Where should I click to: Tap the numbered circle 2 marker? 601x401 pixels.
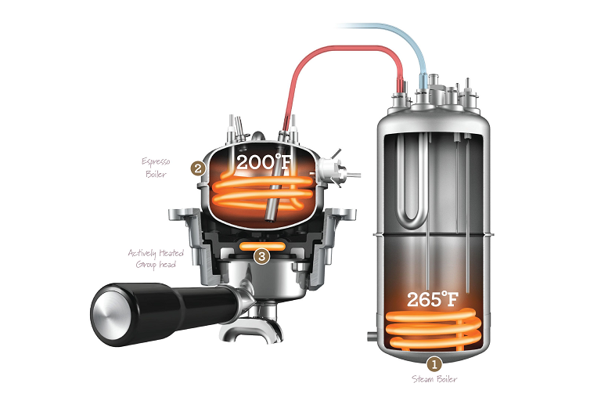point(199,168)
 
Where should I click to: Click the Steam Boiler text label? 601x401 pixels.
point(434,379)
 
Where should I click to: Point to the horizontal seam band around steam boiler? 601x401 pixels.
point(434,233)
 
